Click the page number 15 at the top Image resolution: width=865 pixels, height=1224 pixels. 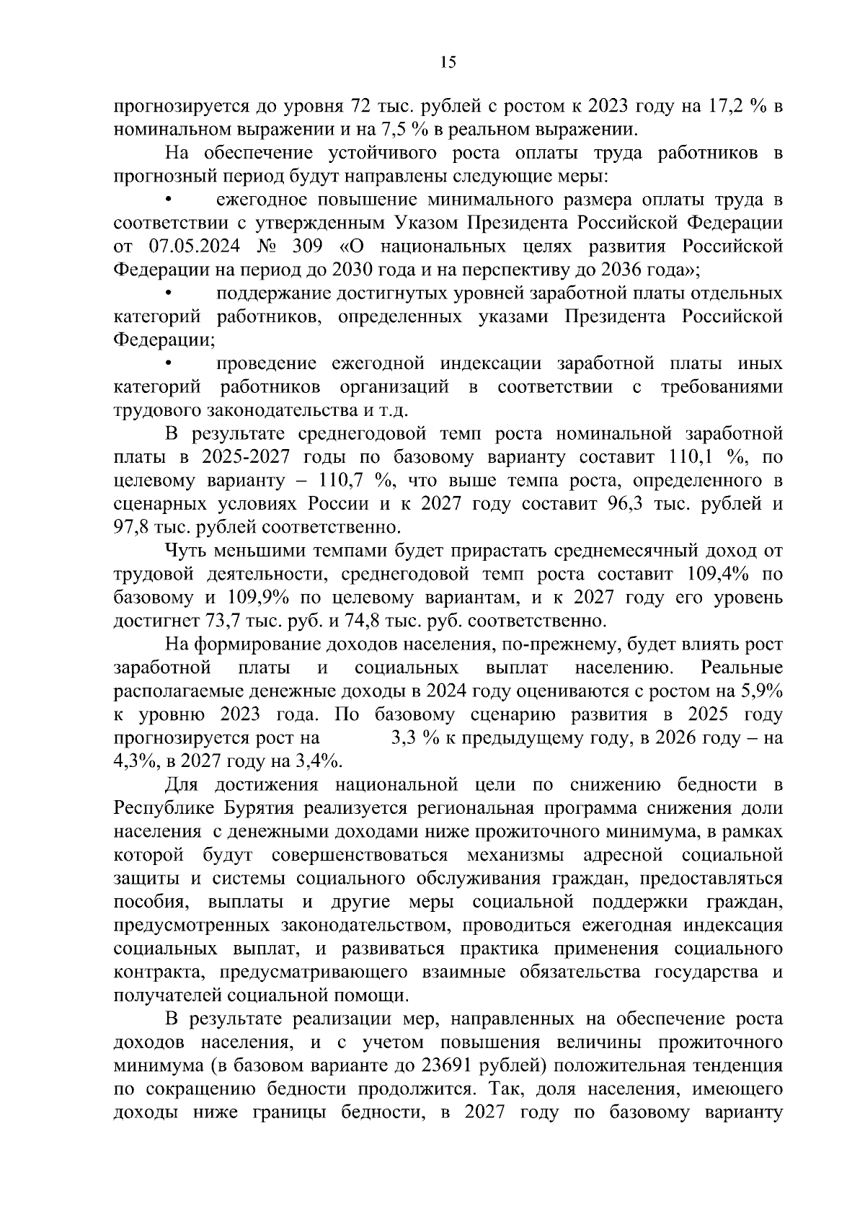pos(448,63)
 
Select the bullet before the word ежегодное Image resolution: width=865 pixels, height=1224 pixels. pos(169,199)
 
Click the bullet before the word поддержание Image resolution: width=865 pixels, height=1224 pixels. pos(169,293)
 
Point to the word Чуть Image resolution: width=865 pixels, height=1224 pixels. pos(185,551)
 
